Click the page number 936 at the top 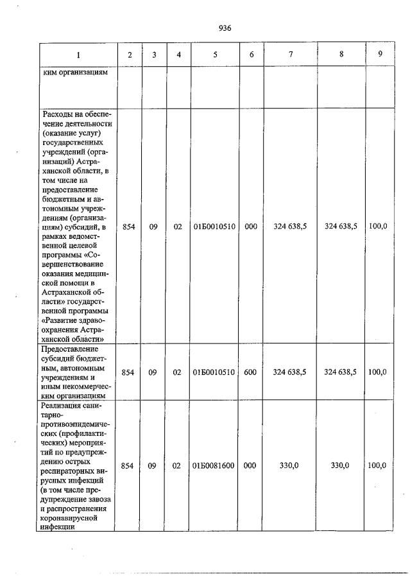click(x=225, y=28)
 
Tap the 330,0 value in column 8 click(x=340, y=465)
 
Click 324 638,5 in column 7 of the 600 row click(x=289, y=372)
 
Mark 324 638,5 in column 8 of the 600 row click(x=341, y=372)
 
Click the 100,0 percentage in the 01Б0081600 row click(x=377, y=465)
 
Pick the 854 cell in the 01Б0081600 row click(x=128, y=465)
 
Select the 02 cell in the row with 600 click(x=178, y=372)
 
